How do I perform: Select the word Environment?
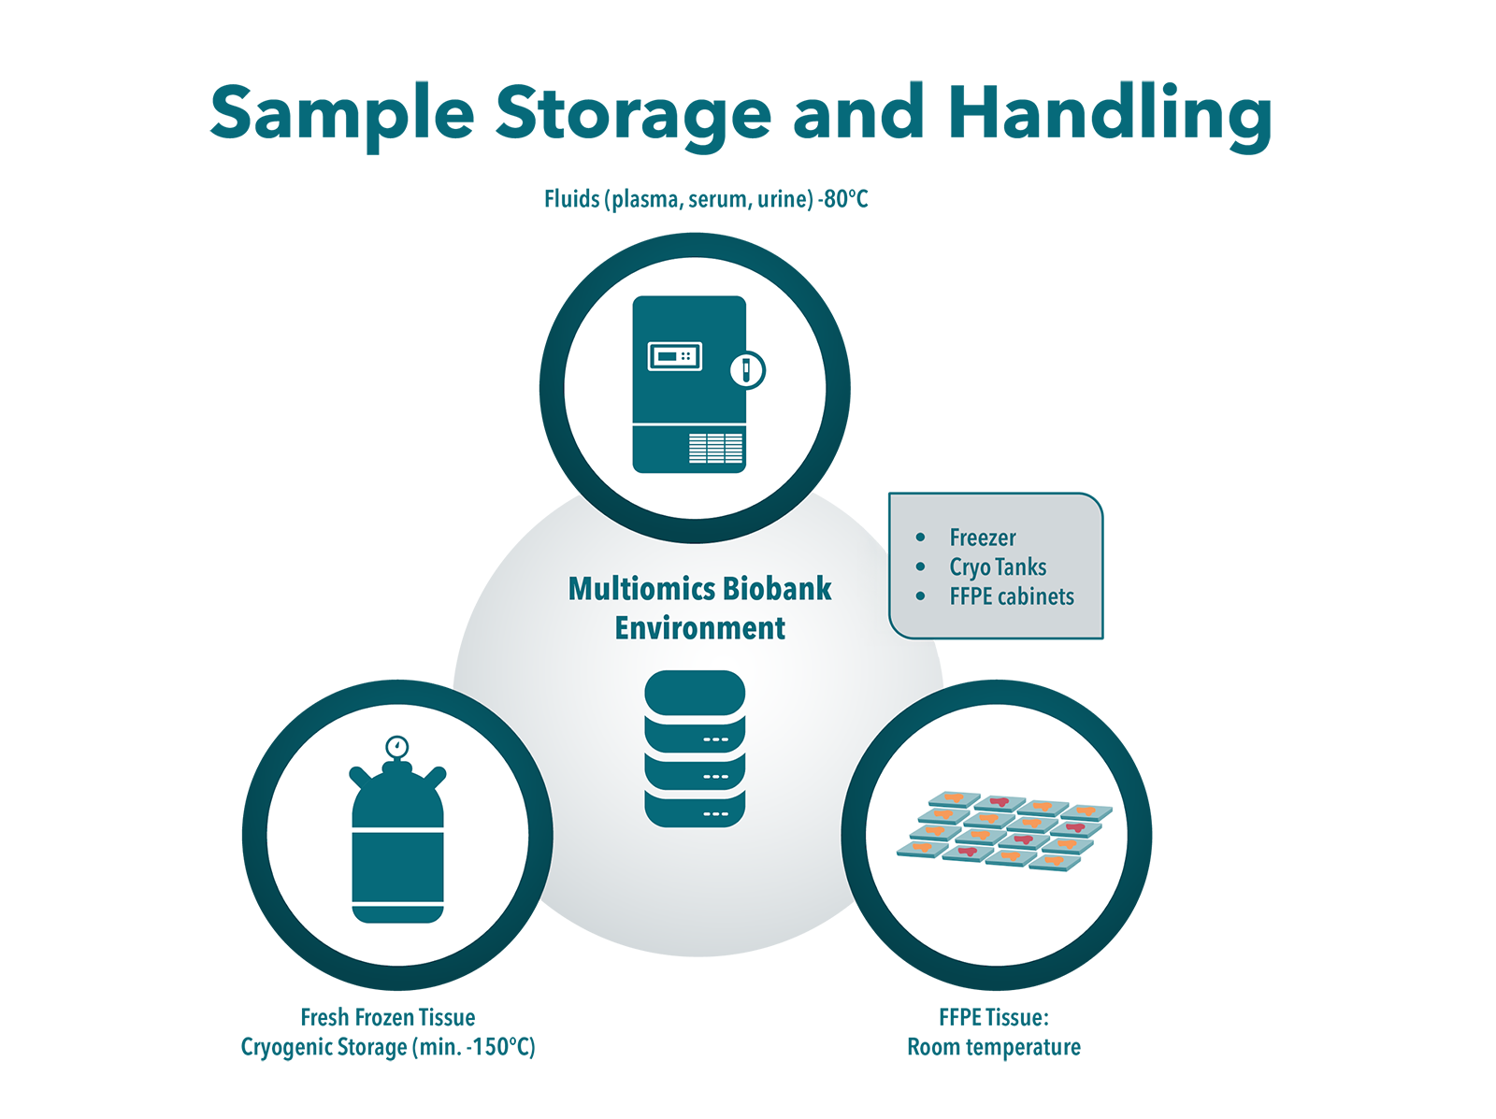(x=699, y=628)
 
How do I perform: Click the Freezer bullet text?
(x=982, y=538)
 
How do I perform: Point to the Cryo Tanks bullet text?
(x=998, y=567)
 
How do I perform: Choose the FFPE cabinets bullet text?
(x=1012, y=596)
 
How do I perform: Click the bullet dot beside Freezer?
(x=921, y=538)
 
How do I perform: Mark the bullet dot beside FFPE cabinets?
(x=921, y=596)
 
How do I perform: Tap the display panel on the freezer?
(x=675, y=356)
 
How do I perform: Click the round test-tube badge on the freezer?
(x=747, y=369)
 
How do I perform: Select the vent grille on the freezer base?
(x=716, y=448)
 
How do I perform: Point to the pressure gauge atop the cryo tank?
(x=397, y=747)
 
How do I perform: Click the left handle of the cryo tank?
(x=360, y=776)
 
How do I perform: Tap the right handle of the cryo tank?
(x=435, y=776)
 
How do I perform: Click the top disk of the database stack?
(x=695, y=693)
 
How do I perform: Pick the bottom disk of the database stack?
(x=695, y=811)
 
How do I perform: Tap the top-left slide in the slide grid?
(x=954, y=799)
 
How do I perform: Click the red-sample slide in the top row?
(x=1000, y=803)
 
